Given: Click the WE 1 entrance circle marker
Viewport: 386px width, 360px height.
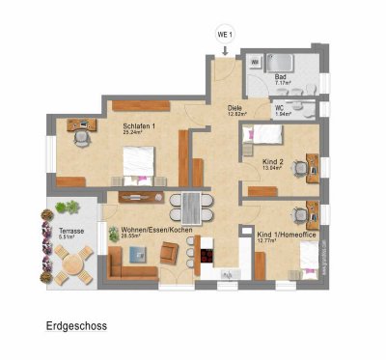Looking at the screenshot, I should (x=225, y=35).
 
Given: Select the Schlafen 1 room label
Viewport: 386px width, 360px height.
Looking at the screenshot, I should (x=140, y=125).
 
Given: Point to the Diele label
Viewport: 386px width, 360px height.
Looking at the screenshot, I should (x=234, y=109).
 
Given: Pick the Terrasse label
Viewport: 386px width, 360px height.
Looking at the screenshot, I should (x=69, y=232).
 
